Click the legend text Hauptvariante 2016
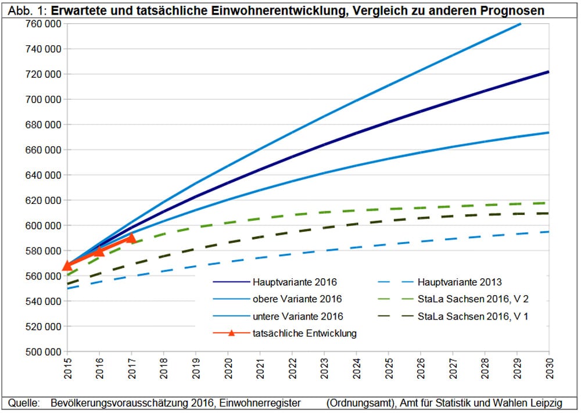(x=295, y=282)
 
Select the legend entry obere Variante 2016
(x=297, y=299)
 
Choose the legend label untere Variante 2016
(x=298, y=316)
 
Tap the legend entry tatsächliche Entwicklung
(x=304, y=333)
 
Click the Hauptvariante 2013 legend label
(x=460, y=282)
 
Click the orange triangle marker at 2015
(x=67, y=265)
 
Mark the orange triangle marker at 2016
(x=99, y=251)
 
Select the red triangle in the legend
(x=231, y=333)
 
